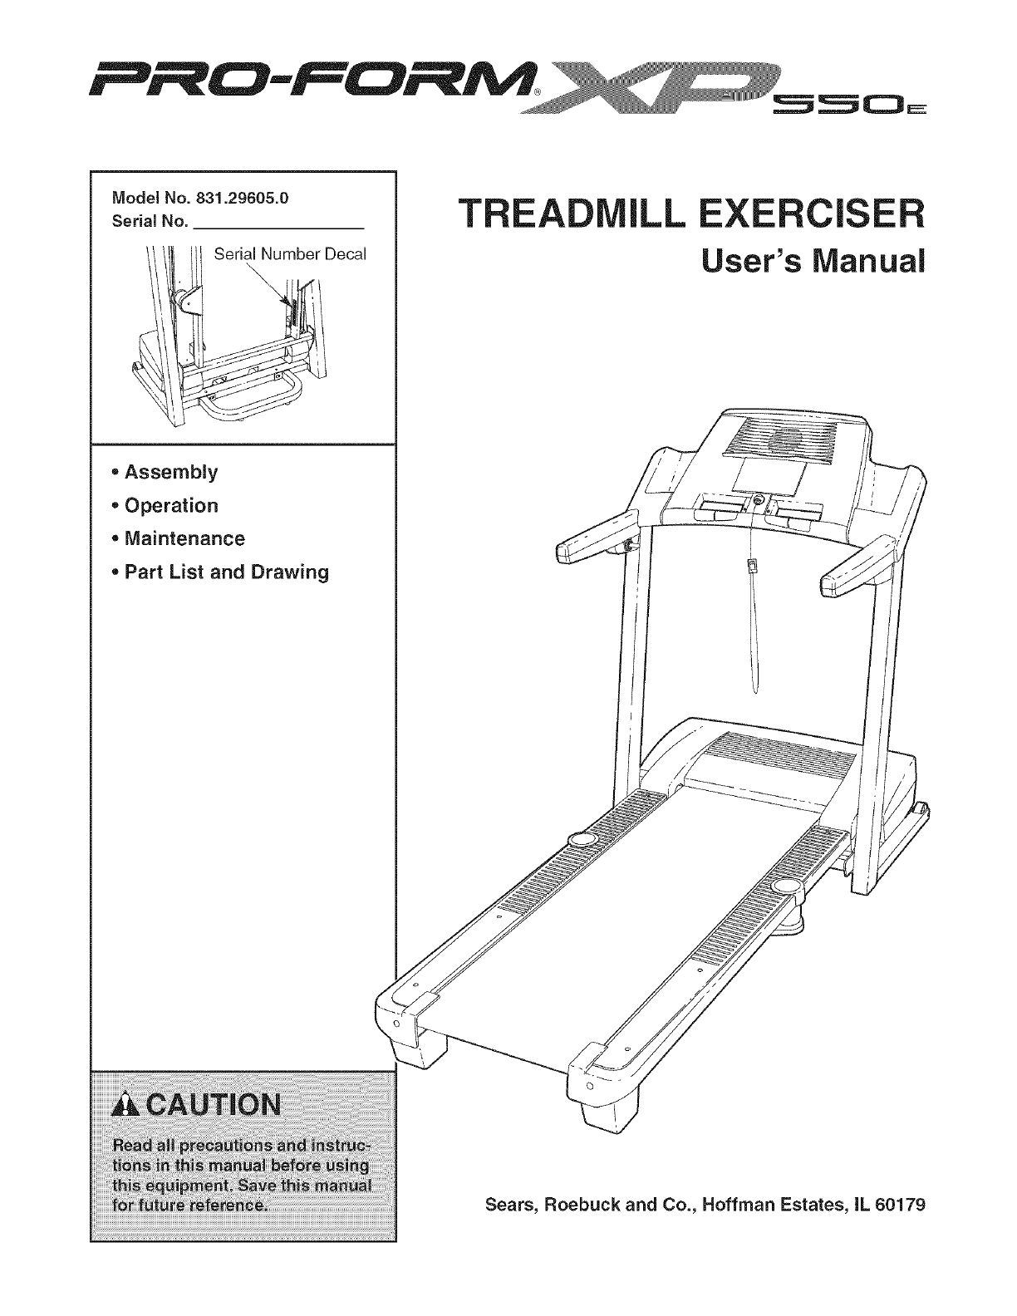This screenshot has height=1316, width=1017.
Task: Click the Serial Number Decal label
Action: pyautogui.click(x=289, y=253)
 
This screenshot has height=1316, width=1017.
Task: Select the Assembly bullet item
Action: pyautogui.click(x=170, y=473)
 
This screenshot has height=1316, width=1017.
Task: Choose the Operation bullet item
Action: pyautogui.click(x=170, y=506)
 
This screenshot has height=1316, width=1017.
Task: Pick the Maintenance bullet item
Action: pyautogui.click(x=184, y=539)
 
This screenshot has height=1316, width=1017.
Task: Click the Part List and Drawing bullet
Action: pyautogui.click(x=225, y=572)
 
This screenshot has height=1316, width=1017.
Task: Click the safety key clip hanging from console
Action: pyautogui.click(x=752, y=567)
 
